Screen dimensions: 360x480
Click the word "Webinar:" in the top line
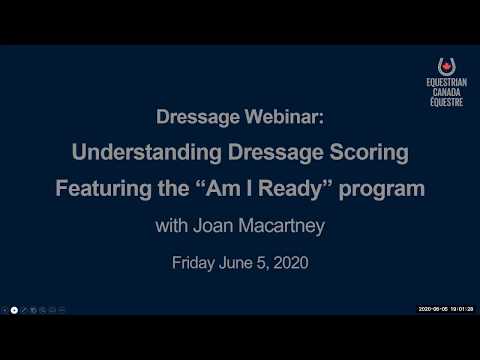(x=285, y=117)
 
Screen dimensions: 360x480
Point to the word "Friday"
(x=195, y=264)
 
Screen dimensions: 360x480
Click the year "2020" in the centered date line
(x=289, y=264)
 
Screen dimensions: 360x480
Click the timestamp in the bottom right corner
(x=445, y=310)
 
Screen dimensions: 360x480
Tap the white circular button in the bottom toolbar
(x=14, y=310)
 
